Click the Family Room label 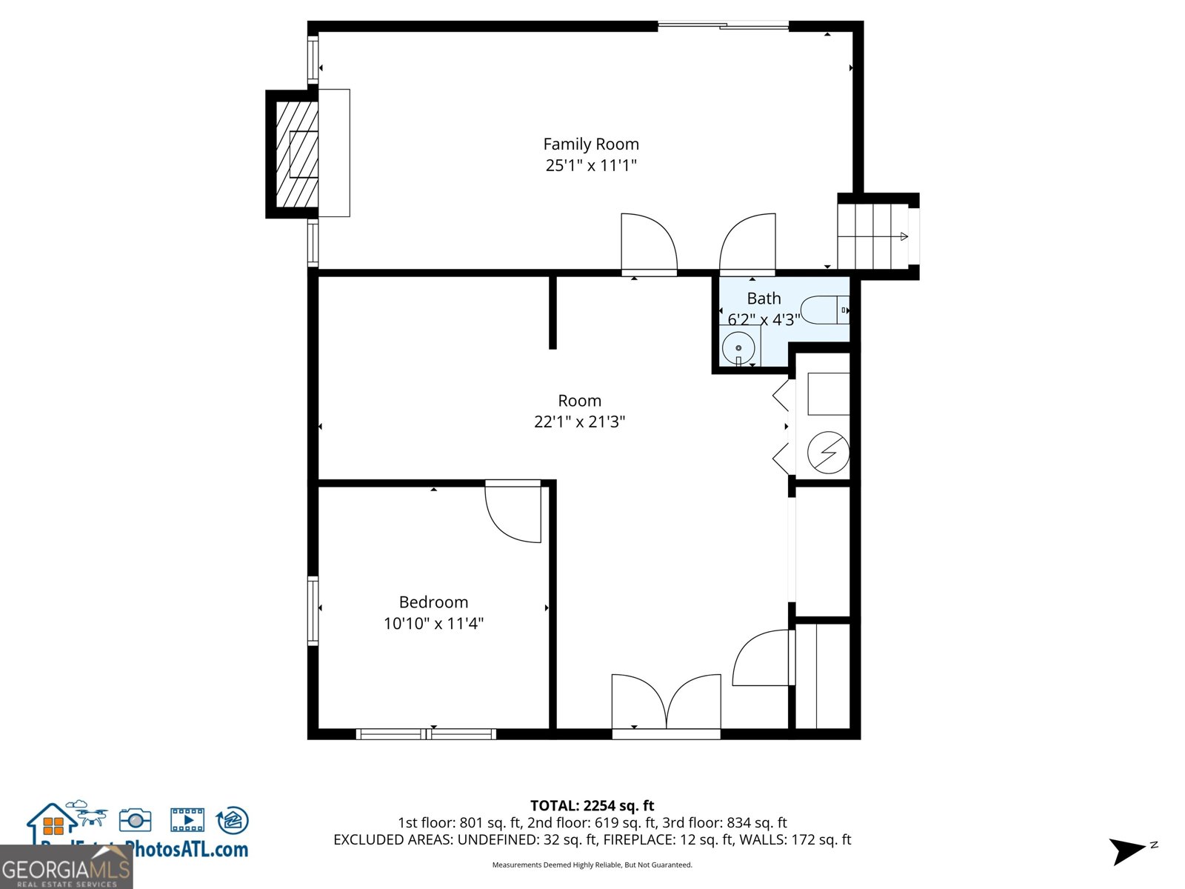tap(590, 144)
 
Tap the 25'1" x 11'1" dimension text tap(590, 165)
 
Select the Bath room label tap(764, 299)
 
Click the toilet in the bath tap(824, 310)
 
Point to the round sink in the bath tap(738, 347)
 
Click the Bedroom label tap(433, 602)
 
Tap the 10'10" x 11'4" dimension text tap(433, 623)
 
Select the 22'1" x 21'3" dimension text tap(579, 422)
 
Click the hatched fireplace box tap(296, 154)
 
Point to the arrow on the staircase tap(903, 236)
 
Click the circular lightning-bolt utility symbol tap(828, 452)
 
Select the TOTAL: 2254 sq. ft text tap(592, 805)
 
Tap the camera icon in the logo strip tap(135, 819)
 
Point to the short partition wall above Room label tap(553, 311)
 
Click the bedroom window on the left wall tap(313, 610)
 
